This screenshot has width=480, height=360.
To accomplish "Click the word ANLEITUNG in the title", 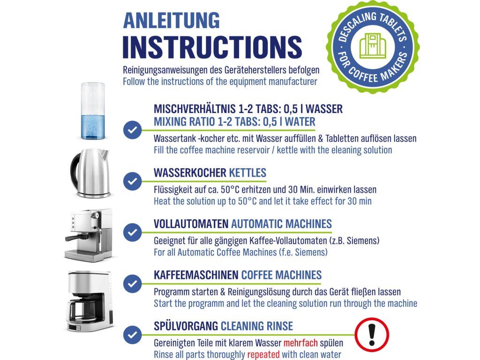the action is click(171, 21).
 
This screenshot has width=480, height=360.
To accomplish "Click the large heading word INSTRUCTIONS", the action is click(212, 47).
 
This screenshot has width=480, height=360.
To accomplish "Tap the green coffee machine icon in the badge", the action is click(373, 46).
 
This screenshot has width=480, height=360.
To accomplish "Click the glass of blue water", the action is click(92, 111).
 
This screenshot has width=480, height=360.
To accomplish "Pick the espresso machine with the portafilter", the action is click(89, 235).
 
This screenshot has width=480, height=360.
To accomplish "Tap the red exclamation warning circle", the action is click(372, 335).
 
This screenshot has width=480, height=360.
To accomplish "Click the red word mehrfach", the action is click(300, 343).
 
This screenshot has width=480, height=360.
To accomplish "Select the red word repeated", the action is click(263, 354).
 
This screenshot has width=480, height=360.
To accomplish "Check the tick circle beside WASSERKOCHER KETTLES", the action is click(132, 181).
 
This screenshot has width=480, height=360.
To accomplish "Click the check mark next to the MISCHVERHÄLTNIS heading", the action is click(132, 130).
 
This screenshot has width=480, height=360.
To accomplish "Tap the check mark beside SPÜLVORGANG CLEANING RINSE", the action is click(132, 334).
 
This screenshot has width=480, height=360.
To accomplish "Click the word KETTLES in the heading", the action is click(247, 172).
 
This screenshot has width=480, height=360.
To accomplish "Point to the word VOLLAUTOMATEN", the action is click(191, 224).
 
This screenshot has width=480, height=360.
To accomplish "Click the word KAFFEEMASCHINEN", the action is click(196, 275).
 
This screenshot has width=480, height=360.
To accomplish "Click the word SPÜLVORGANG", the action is click(186, 326).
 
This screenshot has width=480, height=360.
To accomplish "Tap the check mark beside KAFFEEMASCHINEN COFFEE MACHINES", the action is click(132, 283).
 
